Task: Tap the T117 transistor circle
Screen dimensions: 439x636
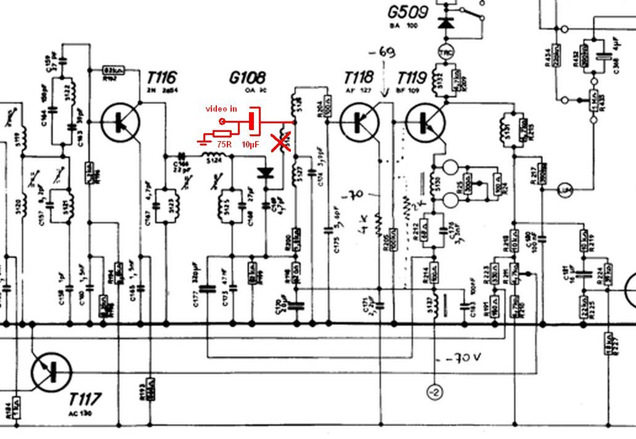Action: point(51,371)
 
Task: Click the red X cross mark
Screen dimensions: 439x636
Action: point(282,143)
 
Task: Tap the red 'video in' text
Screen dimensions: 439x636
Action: point(221,109)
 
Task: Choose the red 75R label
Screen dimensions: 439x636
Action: point(225,145)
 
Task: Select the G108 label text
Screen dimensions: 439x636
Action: point(247,78)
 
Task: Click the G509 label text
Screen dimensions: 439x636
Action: point(409,12)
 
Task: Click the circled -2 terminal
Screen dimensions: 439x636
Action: point(434,392)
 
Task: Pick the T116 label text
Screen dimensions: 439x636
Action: point(161,78)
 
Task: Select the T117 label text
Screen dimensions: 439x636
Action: point(86,398)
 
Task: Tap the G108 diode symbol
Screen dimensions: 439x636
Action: point(266,173)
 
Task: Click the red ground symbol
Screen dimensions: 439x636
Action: point(203,142)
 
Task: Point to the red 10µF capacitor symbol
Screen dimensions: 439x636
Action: point(253,121)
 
